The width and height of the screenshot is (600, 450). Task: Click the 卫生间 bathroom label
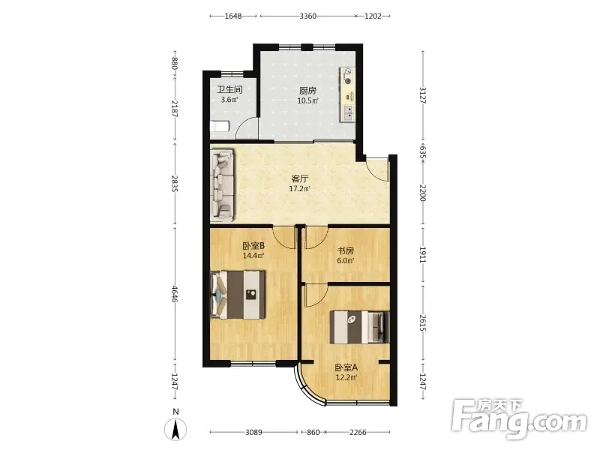[229, 90]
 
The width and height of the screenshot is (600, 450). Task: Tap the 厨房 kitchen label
[307, 91]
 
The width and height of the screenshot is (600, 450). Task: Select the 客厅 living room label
[299, 178]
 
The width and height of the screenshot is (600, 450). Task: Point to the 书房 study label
[345, 251]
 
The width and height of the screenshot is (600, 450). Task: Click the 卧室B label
[253, 245]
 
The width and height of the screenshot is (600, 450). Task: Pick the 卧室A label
[346, 367]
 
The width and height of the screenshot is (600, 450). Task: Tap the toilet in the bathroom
[220, 126]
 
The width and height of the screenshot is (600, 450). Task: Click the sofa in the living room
[222, 185]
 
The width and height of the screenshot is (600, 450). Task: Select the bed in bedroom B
[238, 295]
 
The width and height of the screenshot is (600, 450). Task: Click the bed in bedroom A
[360, 327]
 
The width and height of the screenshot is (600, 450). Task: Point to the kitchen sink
[349, 112]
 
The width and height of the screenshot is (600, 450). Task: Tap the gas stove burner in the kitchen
[347, 76]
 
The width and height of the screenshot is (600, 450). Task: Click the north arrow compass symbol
[175, 429]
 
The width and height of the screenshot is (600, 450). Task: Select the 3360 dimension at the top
[307, 16]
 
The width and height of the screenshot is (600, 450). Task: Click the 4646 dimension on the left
[175, 294]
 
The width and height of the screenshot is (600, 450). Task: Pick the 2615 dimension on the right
[422, 323]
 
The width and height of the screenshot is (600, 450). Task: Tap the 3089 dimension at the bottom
[253, 433]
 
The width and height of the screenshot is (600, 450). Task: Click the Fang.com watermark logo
[518, 419]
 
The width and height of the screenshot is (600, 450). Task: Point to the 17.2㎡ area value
[299, 188]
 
